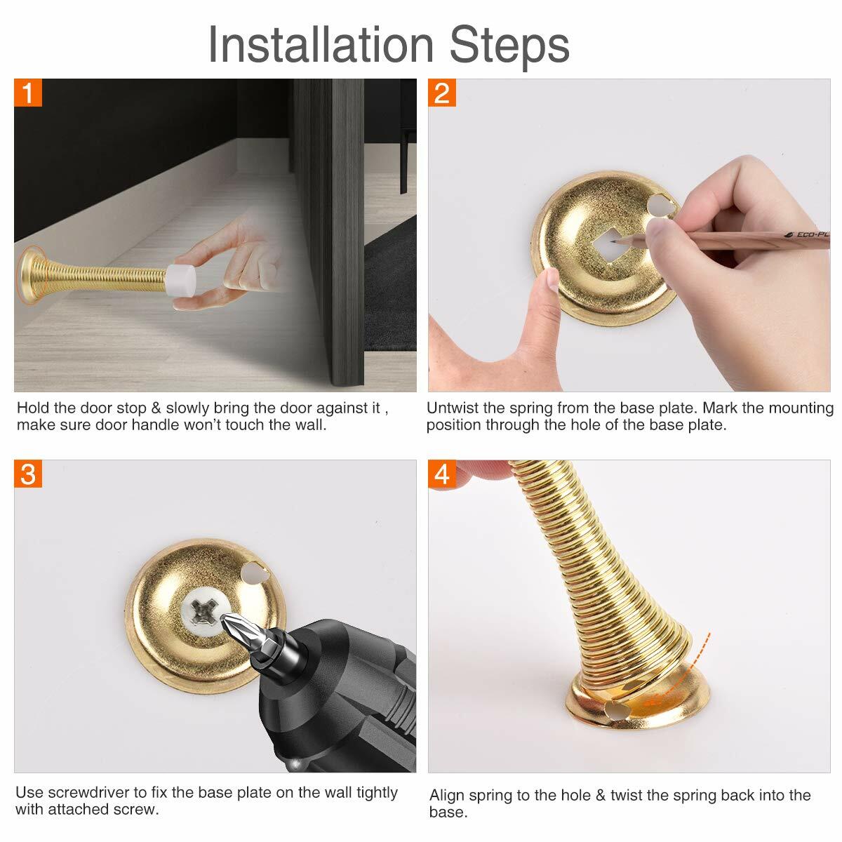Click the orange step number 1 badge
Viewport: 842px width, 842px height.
pos(28,93)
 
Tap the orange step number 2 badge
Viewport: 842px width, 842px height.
pos(442,93)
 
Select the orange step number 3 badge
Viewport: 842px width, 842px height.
pos(28,474)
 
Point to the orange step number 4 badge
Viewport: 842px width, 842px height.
pos(442,474)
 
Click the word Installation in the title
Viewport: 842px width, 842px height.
pos(321,45)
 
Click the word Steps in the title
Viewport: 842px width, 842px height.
pos(509,45)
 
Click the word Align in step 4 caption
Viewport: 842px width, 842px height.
pos(446,795)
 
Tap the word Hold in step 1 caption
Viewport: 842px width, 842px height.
pos(32,408)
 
